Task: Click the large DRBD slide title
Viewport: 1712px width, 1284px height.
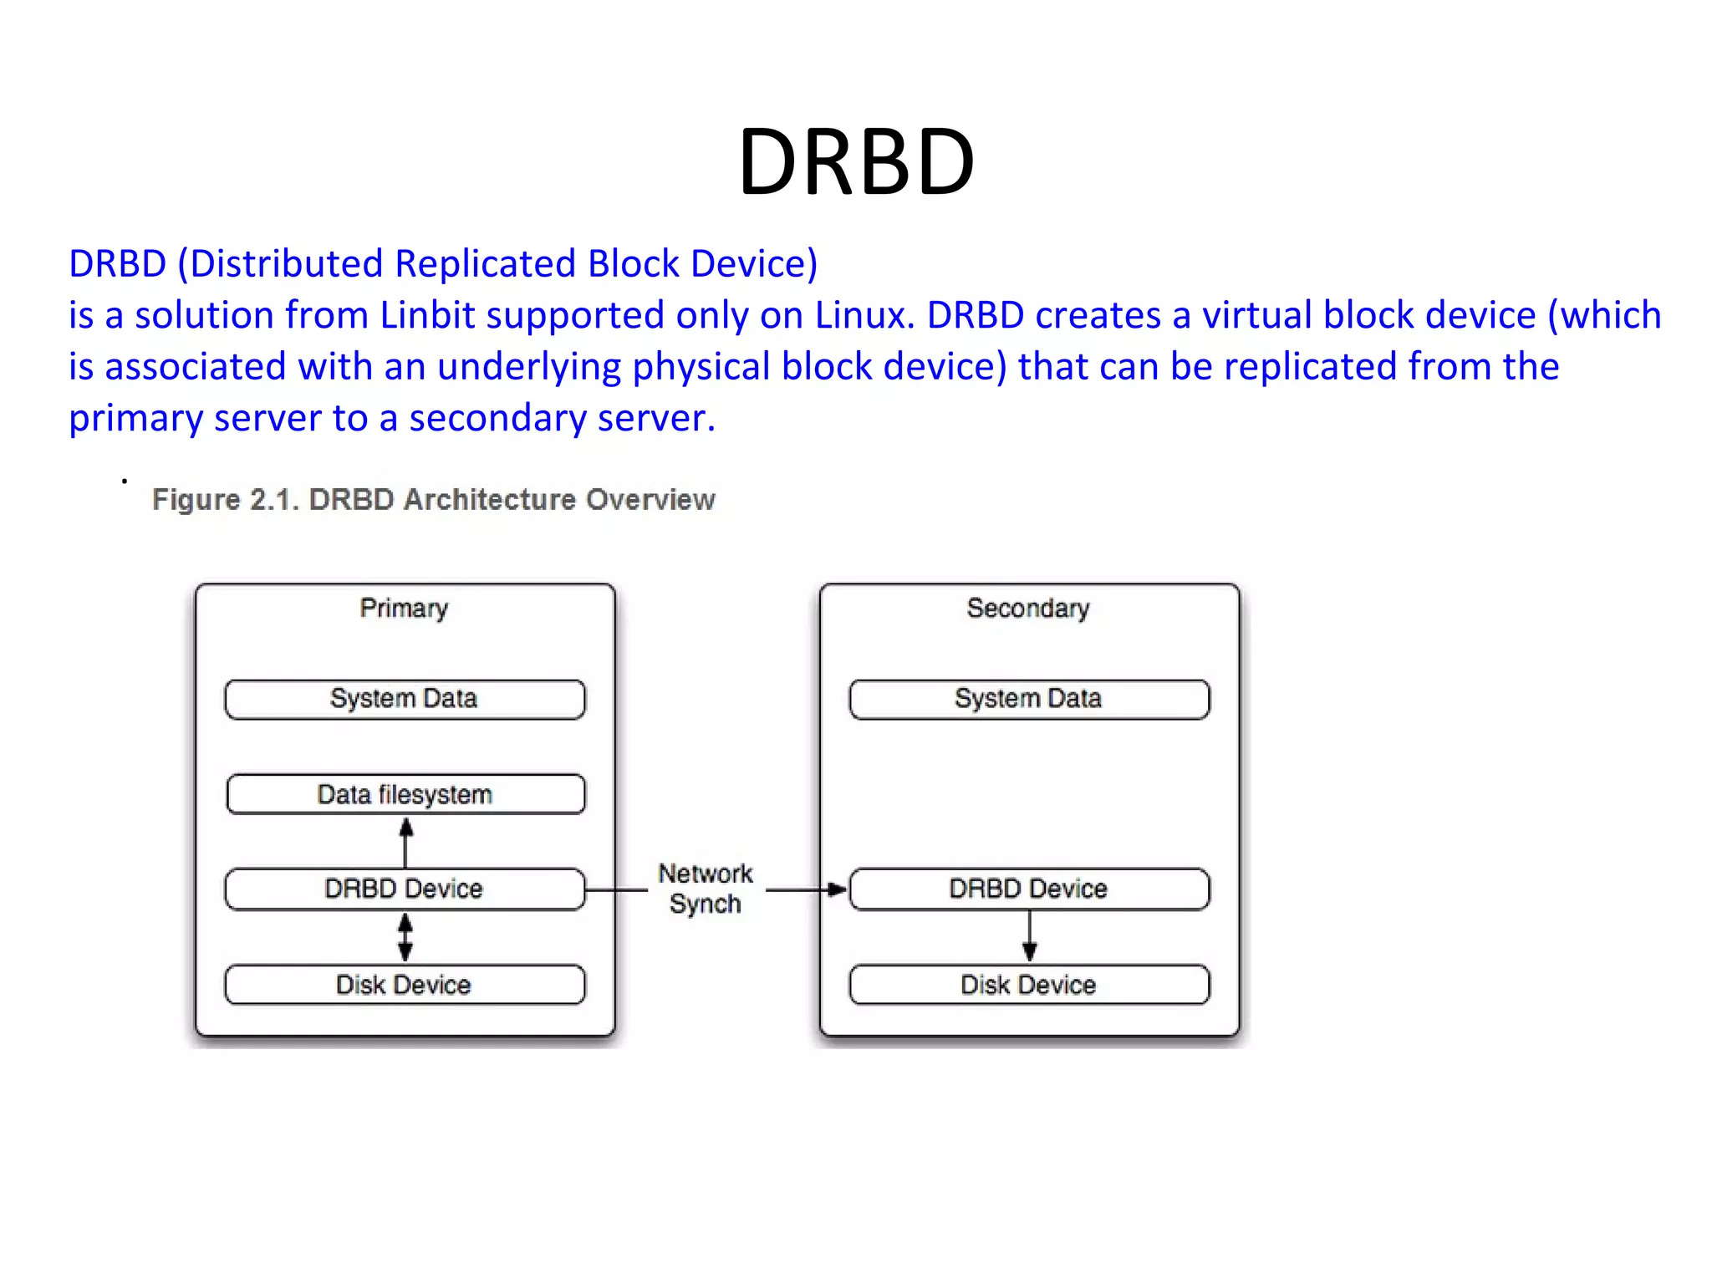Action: click(856, 161)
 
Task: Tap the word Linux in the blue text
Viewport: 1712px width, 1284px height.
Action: click(859, 316)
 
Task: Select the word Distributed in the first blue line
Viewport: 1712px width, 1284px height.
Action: click(288, 264)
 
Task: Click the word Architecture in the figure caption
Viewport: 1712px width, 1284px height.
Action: click(490, 500)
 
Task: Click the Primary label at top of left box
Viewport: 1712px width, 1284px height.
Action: click(404, 608)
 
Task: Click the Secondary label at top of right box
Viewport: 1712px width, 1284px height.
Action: click(1028, 608)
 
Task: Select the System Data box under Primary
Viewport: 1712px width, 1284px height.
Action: click(405, 699)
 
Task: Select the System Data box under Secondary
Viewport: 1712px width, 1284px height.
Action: click(1029, 699)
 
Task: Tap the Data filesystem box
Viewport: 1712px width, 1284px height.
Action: click(405, 794)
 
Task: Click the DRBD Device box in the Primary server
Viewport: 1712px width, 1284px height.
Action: click(405, 889)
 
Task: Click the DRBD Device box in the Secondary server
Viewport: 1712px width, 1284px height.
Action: click(1029, 889)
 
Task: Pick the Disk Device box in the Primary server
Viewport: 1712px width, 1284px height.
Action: click(405, 985)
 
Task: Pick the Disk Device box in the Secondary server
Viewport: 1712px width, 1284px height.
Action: click(1029, 985)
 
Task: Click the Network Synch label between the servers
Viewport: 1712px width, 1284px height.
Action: click(706, 889)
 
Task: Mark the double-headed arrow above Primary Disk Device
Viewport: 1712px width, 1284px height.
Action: click(405, 937)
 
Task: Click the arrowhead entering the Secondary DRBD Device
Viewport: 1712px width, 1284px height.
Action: click(836, 889)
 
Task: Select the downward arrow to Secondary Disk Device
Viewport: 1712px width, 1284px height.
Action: click(1030, 936)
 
